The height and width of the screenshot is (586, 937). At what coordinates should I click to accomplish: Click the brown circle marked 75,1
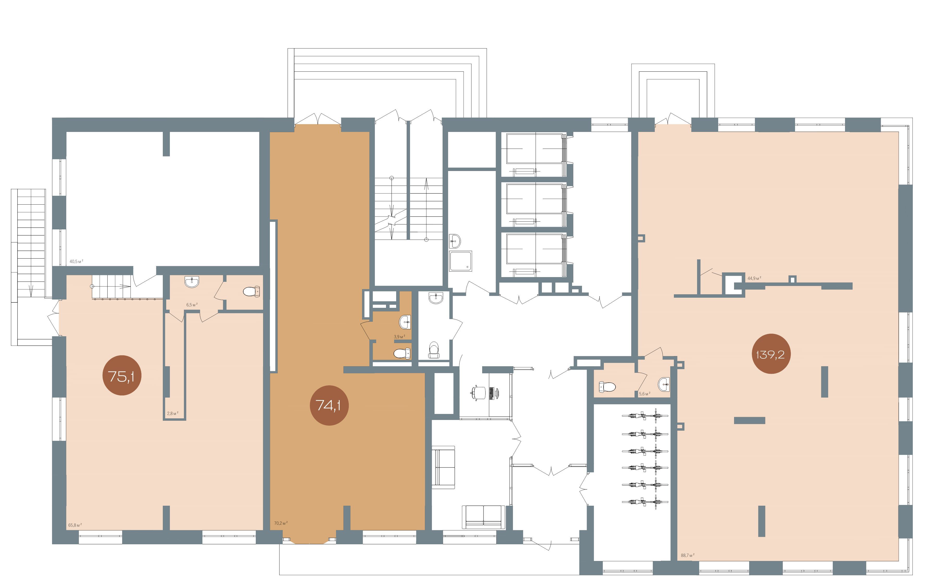[x=122, y=375]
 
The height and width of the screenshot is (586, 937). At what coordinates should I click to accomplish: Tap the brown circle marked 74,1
[x=329, y=405]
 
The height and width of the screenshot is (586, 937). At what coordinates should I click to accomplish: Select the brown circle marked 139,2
[x=771, y=353]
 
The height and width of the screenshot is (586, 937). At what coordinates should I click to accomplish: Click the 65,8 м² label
[x=75, y=525]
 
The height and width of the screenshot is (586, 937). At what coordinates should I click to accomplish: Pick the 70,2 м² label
[x=281, y=523]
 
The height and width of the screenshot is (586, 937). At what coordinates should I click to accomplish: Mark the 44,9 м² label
[x=754, y=278]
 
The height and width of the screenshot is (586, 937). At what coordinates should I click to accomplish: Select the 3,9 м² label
[x=399, y=337]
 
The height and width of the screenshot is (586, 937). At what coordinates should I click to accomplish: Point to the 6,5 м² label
[x=192, y=305]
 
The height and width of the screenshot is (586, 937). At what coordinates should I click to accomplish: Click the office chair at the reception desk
[x=479, y=392]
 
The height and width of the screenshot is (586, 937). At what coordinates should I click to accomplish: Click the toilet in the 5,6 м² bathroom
[x=607, y=386]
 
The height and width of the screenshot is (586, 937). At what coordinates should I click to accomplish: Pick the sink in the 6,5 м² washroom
[x=192, y=282]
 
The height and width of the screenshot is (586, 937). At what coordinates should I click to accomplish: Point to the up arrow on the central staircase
[x=426, y=209]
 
